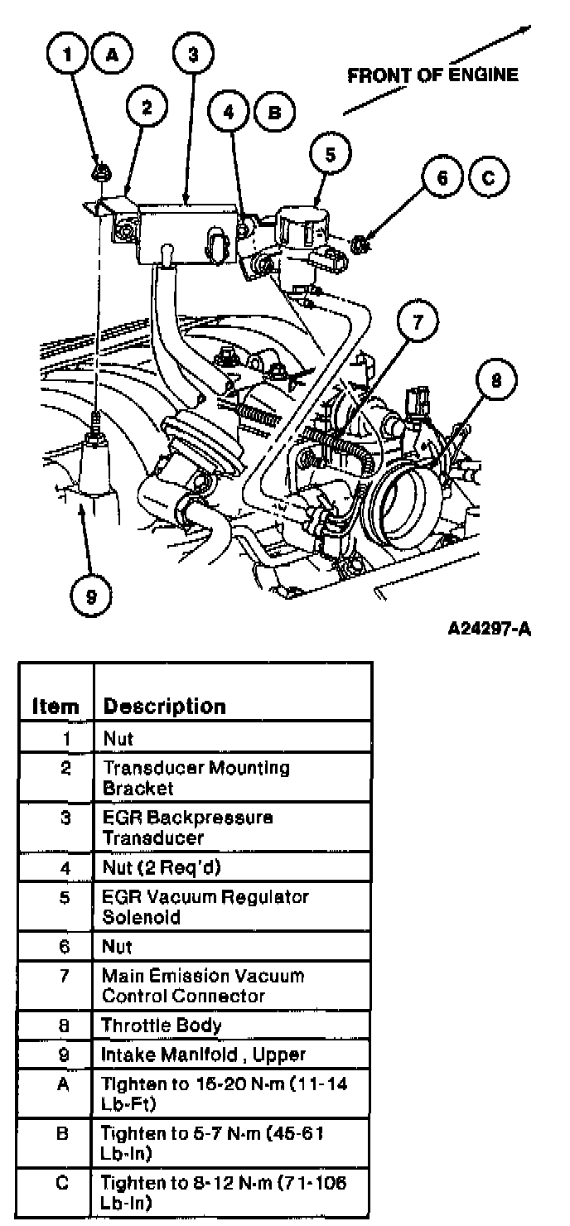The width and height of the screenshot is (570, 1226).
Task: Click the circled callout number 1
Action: (70, 56)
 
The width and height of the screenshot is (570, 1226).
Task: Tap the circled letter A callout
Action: (112, 56)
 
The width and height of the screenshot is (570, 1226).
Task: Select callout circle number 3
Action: (192, 56)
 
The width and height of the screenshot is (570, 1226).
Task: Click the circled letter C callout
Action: (488, 176)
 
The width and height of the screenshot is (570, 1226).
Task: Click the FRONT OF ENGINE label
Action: (432, 75)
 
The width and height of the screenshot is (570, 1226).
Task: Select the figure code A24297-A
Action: (489, 630)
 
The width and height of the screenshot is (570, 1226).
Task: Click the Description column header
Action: (163, 707)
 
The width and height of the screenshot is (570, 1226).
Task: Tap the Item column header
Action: (56, 707)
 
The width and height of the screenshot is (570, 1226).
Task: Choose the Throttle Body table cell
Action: (162, 1026)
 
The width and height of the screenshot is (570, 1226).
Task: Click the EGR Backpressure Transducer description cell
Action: (186, 828)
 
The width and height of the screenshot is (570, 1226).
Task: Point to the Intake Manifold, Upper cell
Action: (203, 1055)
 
